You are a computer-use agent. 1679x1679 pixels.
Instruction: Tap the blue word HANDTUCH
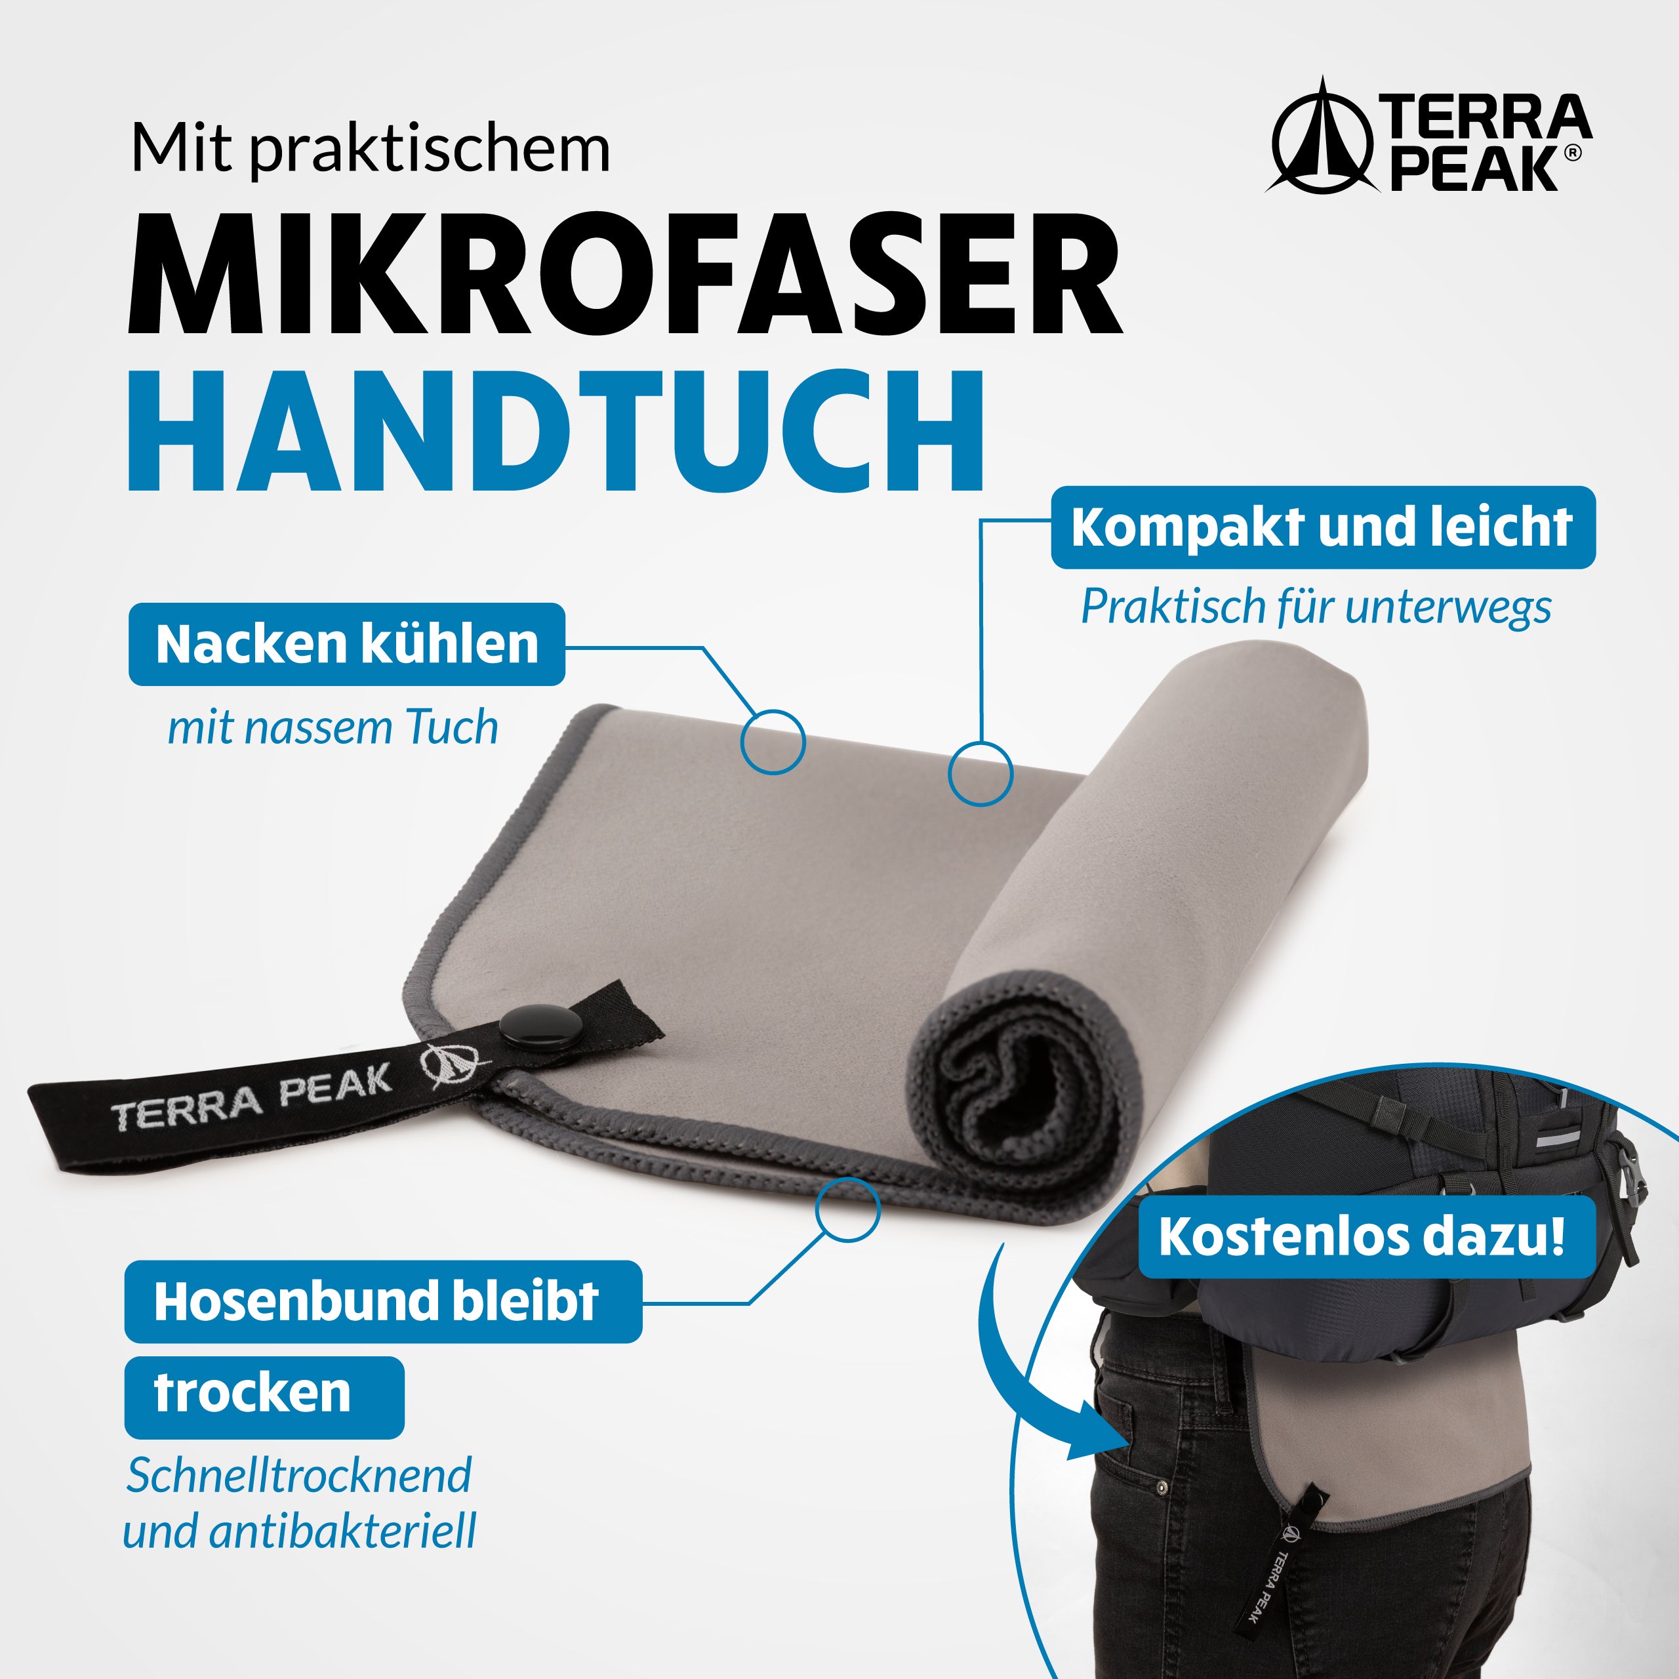pos(556,432)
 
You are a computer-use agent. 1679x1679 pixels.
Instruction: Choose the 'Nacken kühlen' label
pos(347,644)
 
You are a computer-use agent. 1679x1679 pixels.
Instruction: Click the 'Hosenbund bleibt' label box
pos(382,1301)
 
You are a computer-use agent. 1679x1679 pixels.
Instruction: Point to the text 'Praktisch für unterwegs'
pos(1315,607)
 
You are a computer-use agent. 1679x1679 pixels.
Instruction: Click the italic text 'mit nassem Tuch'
pos(333,727)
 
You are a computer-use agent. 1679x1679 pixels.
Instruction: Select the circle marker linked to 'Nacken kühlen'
pos(773,741)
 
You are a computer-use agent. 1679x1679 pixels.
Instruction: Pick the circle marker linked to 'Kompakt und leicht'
pos(981,772)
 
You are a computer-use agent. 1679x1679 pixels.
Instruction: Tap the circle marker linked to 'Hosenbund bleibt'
pos(847,1209)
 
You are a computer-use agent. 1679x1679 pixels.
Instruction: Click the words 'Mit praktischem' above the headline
pos(370,150)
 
